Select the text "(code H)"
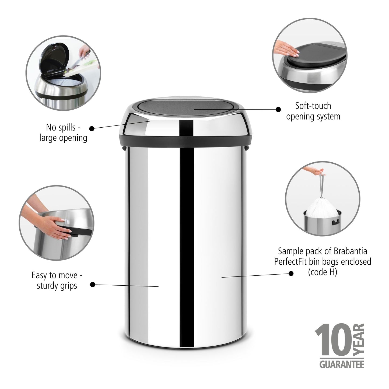322,272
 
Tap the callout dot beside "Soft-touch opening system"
278,109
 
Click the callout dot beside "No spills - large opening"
92,129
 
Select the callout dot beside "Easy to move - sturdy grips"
92,284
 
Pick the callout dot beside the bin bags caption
291,274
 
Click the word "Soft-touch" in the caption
313,106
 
